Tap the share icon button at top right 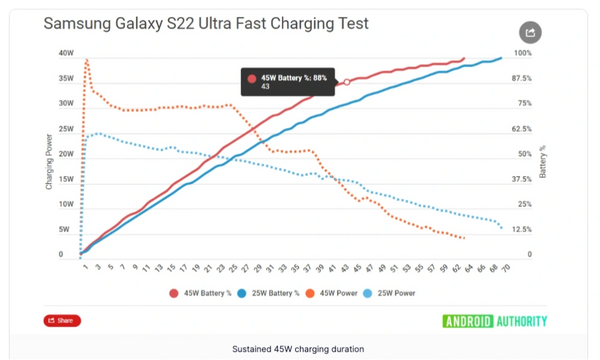click(531, 33)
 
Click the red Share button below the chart click(62, 321)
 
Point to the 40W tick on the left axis click(66, 53)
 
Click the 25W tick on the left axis click(66, 129)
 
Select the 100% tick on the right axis click(522, 53)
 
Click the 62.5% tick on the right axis click(522, 129)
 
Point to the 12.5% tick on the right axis click(522, 229)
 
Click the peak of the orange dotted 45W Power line click(87, 59)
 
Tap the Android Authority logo click(495, 321)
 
